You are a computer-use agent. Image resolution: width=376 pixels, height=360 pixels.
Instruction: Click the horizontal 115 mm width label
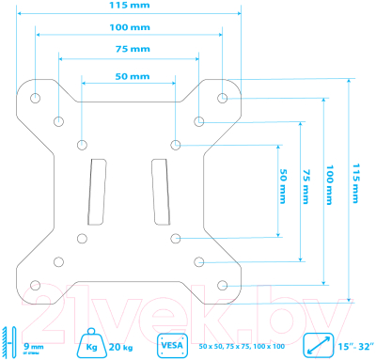click(128, 6)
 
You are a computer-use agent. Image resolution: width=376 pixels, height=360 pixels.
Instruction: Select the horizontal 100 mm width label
click(128, 27)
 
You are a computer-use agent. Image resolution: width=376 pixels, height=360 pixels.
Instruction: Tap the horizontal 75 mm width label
click(128, 48)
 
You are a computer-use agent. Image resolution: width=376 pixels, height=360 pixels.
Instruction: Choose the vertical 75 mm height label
click(305, 188)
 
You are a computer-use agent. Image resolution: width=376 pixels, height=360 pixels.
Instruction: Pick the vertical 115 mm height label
click(354, 188)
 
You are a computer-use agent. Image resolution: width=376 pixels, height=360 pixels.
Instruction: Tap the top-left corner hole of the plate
click(36, 97)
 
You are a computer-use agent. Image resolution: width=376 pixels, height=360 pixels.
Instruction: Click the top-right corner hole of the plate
click(222, 97)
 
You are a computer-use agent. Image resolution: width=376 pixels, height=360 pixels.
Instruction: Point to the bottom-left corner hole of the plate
click(36, 284)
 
